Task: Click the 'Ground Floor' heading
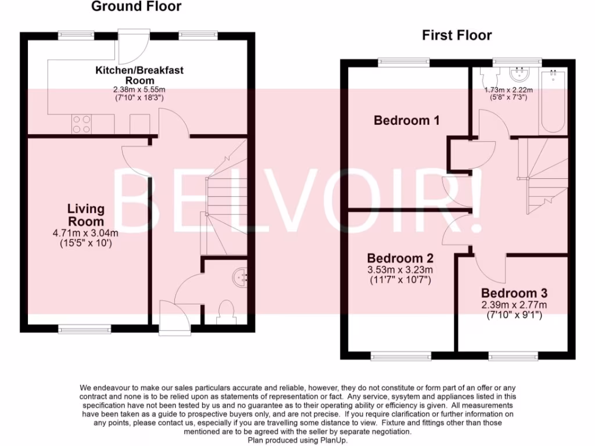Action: tap(136, 7)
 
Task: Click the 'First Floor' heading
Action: tap(457, 35)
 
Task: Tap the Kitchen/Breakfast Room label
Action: tap(139, 75)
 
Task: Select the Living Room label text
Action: tap(86, 215)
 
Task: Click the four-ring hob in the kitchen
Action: tap(81, 124)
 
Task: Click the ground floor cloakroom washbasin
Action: tap(240, 278)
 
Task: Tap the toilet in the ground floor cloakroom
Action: tap(224, 312)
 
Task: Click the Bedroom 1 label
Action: tap(406, 121)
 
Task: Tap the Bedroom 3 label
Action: tap(514, 293)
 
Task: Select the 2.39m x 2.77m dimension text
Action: tap(514, 305)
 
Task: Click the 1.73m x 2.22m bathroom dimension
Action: tap(508, 91)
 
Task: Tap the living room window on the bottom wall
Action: tap(85, 329)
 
